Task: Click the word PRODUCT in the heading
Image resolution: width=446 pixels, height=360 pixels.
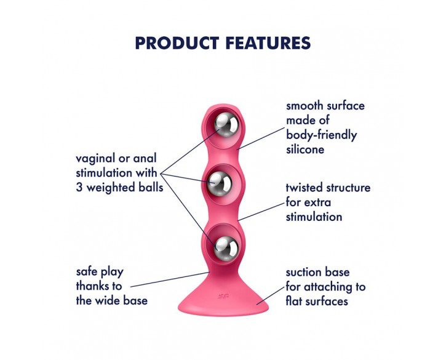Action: pyautogui.click(x=177, y=43)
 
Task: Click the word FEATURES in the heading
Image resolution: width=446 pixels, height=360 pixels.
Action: pyautogui.click(x=268, y=43)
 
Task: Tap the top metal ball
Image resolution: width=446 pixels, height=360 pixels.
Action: pyautogui.click(x=226, y=125)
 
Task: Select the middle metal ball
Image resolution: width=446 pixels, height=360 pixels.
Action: pyautogui.click(x=219, y=183)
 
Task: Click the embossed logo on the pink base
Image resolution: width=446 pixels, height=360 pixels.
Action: pyautogui.click(x=223, y=297)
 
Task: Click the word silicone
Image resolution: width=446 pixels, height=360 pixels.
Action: pyautogui.click(x=305, y=150)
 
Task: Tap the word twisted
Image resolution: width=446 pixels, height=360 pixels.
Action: pyautogui.click(x=304, y=188)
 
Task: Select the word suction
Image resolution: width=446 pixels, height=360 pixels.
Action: pyautogui.click(x=303, y=273)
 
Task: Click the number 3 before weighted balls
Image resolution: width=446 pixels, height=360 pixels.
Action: pyautogui.click(x=79, y=188)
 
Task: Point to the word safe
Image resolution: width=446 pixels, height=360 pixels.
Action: pyautogui.click(x=87, y=272)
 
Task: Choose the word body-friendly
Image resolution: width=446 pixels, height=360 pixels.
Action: pyautogui.click(x=321, y=135)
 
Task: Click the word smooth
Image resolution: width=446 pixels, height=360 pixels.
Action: pyautogui.click(x=305, y=106)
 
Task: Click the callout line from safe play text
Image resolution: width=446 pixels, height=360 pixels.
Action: pyautogui.click(x=170, y=279)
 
